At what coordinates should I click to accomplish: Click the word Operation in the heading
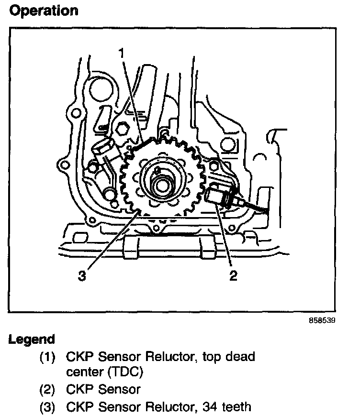click(x=44, y=11)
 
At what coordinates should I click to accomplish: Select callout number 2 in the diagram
click(x=233, y=276)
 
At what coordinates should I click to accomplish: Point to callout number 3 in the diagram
click(x=82, y=276)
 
